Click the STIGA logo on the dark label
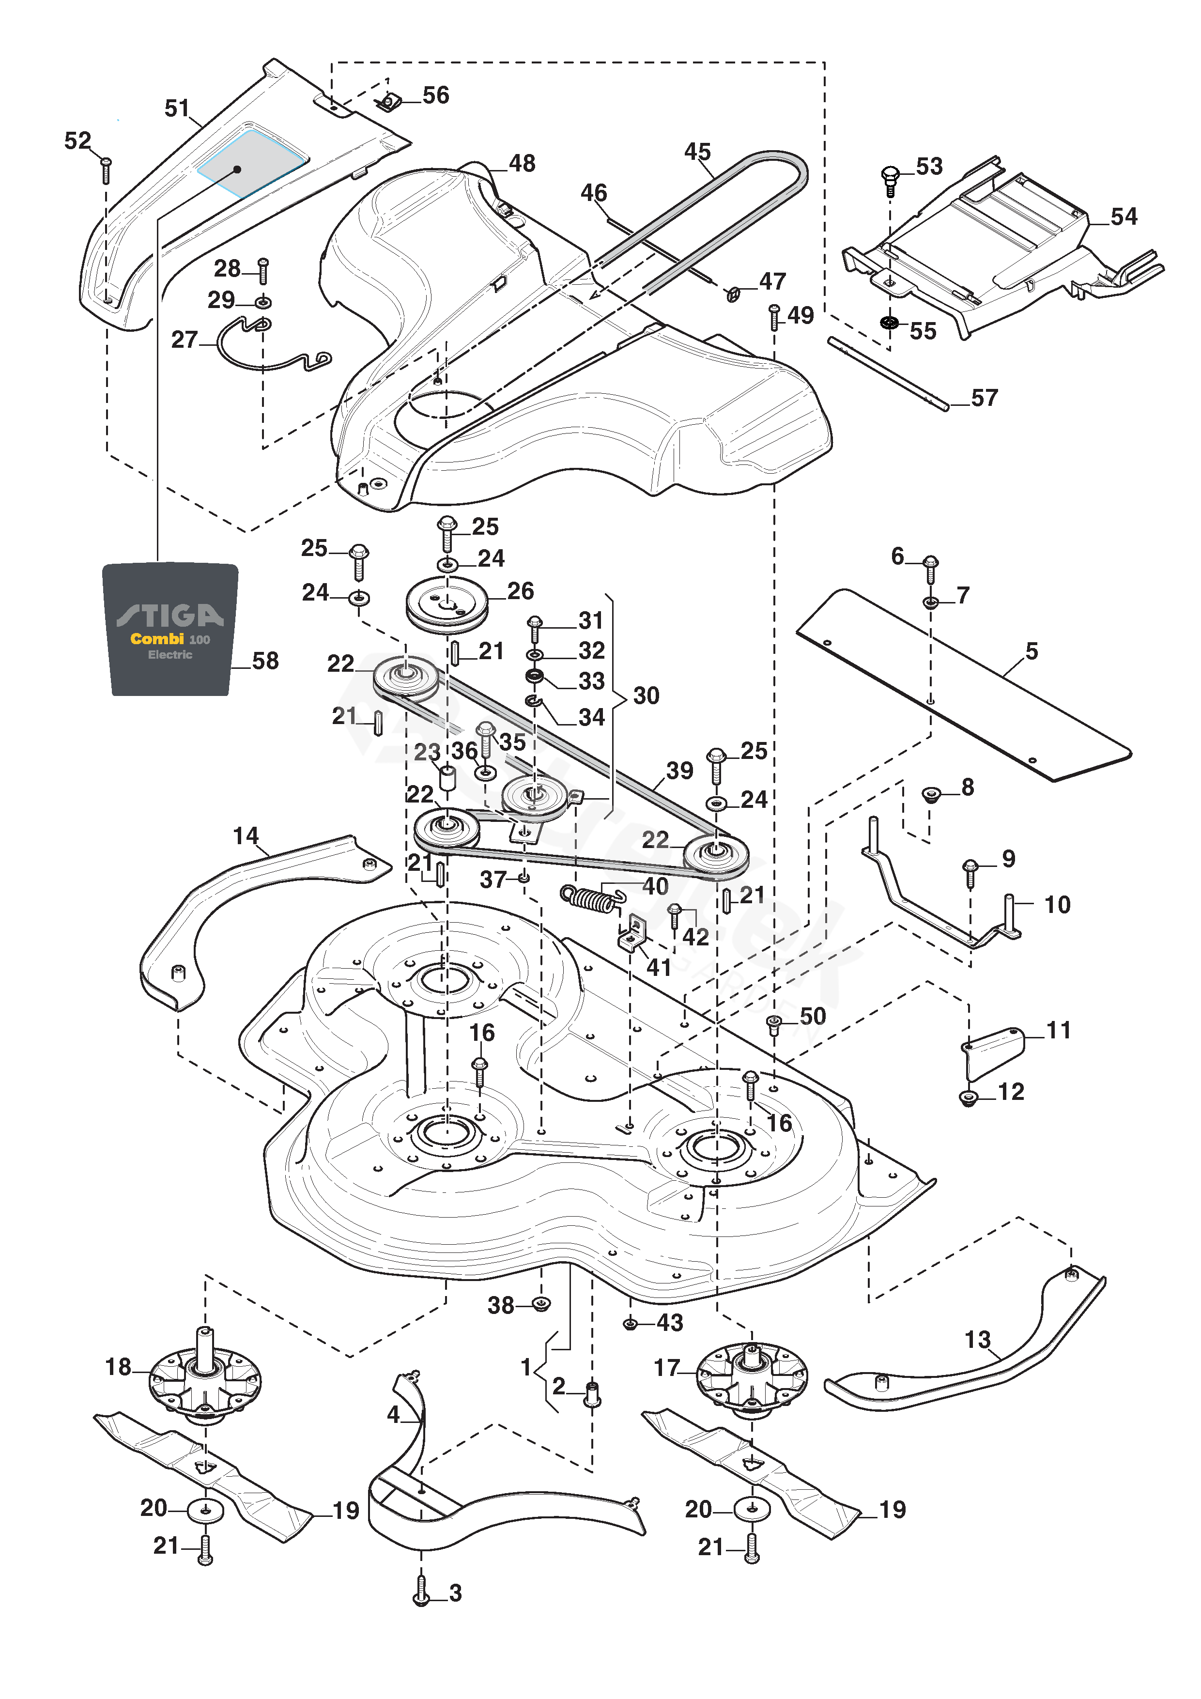coord(170,614)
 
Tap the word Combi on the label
coord(157,639)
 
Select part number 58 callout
coord(265,661)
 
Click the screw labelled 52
coord(106,170)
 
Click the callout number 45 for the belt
coord(697,152)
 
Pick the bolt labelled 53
coord(890,181)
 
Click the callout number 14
coord(246,836)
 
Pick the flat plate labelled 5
coord(962,684)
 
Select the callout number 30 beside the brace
coord(646,695)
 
